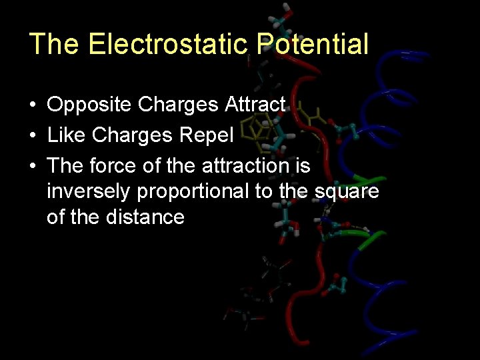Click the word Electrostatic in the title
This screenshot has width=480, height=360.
click(170, 44)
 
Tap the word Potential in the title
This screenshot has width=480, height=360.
click(313, 44)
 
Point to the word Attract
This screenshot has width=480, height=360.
click(256, 105)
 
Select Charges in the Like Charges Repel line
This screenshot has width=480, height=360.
click(133, 135)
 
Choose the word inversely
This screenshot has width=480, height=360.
click(89, 191)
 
